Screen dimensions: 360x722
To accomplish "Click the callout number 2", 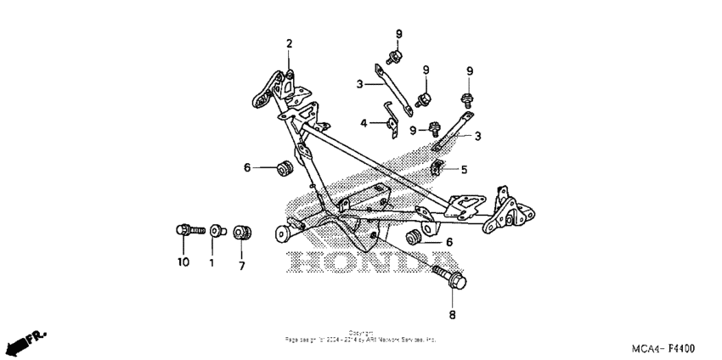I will click(289, 43).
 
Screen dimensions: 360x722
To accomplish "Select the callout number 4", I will click(364, 123).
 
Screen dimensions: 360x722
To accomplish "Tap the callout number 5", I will click(464, 170).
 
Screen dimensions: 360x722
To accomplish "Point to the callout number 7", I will click(241, 266).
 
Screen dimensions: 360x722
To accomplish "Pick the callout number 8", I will click(452, 315).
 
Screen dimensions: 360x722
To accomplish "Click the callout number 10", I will click(183, 262).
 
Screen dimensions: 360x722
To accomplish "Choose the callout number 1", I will click(212, 262).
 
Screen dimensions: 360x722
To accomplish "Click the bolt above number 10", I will click(188, 229).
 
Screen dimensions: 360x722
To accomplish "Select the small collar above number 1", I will click(216, 229).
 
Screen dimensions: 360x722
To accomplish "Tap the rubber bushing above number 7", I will click(241, 230).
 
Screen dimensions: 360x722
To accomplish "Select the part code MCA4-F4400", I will click(663, 349).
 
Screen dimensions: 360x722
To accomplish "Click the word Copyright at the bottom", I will click(360, 333).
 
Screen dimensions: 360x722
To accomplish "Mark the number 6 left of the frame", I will click(248, 168).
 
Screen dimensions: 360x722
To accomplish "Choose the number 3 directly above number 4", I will click(359, 84).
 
